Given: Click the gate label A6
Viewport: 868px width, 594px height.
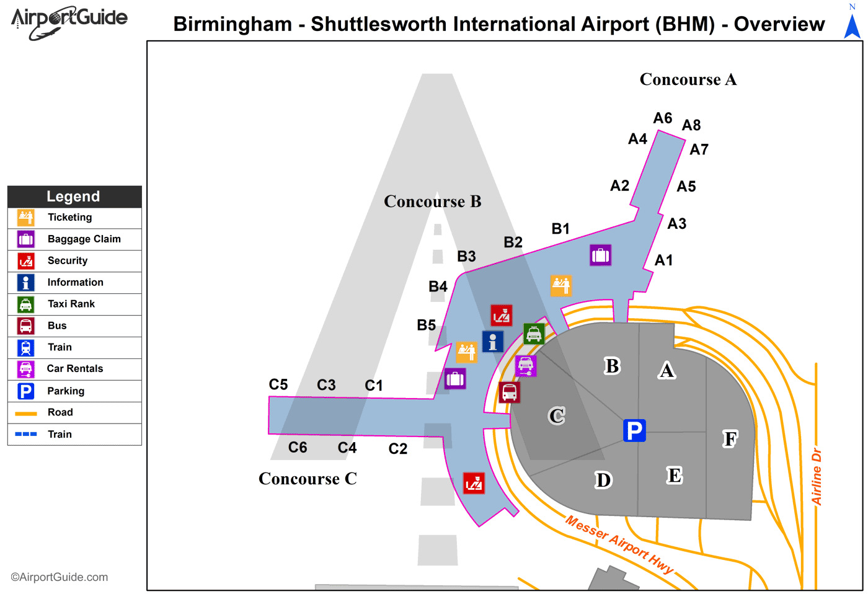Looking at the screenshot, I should click(663, 118).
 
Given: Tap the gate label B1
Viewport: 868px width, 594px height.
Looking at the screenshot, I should click(560, 229).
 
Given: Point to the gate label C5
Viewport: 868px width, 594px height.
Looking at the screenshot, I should click(278, 384).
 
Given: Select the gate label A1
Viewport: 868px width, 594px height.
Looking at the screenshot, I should click(663, 260).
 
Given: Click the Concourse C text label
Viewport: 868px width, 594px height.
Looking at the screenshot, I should click(308, 479).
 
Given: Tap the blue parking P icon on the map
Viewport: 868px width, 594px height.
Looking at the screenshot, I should click(634, 430).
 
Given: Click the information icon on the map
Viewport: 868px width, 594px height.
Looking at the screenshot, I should click(493, 342).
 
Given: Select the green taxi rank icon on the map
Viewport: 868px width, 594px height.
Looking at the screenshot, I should click(534, 334).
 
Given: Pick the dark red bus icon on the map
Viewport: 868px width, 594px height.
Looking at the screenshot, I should click(510, 392).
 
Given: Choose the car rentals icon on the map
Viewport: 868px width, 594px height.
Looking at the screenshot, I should click(526, 366).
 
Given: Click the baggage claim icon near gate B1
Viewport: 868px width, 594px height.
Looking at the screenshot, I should click(600, 255).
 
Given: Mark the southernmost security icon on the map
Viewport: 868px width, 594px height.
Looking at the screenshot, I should click(474, 483).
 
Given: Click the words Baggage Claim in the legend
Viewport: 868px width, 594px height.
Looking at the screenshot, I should click(84, 239).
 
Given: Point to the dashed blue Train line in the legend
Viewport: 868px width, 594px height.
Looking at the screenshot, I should click(26, 434).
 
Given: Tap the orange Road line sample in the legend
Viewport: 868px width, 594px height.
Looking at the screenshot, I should click(26, 413).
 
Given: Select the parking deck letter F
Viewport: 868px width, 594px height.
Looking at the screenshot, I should click(730, 439).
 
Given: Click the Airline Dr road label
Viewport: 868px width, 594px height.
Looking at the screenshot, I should click(817, 476).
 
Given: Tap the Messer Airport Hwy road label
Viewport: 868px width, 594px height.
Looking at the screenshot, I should click(619, 544).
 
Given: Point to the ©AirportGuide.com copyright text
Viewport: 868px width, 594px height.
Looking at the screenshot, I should click(60, 577).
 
